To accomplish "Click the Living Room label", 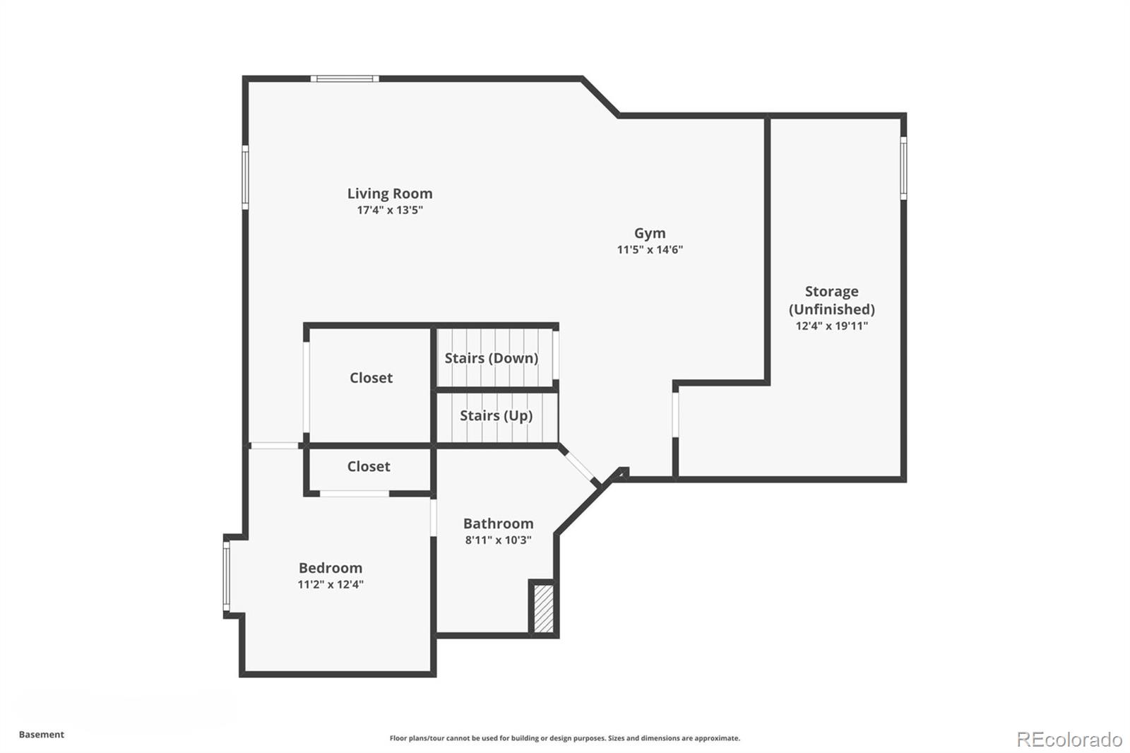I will click(389, 194).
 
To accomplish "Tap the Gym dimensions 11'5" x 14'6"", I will click(650, 249).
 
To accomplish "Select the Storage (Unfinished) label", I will click(831, 300).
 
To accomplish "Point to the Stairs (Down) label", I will click(491, 358).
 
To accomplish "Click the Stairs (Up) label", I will click(496, 415).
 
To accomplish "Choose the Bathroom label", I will click(498, 523).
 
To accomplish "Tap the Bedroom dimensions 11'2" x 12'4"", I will click(330, 584).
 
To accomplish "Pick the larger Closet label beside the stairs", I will click(371, 378).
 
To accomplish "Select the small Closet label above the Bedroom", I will click(368, 466).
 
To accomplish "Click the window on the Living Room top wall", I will click(345, 78).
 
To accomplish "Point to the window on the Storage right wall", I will click(903, 168).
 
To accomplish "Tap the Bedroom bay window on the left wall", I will click(227, 576).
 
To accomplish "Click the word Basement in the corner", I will click(42, 735).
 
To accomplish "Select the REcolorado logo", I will click(1069, 739).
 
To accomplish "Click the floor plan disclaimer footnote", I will click(564, 738).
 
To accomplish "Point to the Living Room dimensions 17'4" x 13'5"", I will click(389, 210).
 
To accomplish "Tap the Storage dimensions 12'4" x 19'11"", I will click(831, 326).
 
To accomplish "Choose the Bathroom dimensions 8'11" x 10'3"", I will click(498, 540).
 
